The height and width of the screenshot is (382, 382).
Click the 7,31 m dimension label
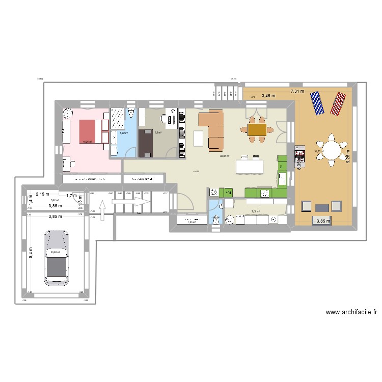click(x=297, y=91)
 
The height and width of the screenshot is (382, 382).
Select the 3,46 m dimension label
click(x=268, y=96)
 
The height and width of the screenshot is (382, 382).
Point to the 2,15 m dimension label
click(x=36, y=194)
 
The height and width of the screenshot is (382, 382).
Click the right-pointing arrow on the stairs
click(x=131, y=203)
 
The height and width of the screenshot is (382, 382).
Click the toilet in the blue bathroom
click(x=131, y=113)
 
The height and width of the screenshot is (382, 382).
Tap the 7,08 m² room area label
click(x=255, y=212)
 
